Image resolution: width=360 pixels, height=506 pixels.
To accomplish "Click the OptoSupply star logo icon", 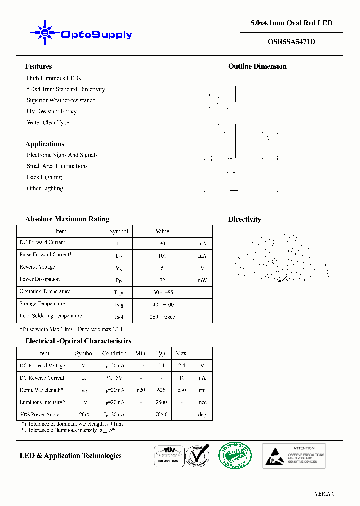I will tap(45, 33).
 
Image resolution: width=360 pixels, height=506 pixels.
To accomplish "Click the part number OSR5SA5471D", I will tap(291, 42).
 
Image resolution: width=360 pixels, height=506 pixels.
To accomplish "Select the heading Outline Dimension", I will tap(257, 66).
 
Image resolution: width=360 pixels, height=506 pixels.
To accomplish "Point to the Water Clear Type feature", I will tap(48, 122).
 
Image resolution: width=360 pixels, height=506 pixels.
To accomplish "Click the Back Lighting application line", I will tap(44, 177).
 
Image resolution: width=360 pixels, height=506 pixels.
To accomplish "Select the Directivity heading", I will tap(244, 219).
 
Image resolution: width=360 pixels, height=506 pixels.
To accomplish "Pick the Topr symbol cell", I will tap(119, 292).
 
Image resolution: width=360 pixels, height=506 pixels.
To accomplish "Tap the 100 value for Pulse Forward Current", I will tap(162, 256).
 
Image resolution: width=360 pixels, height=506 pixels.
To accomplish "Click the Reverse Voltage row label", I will tap(37, 267).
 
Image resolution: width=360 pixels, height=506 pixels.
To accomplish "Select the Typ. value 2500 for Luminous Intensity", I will tap(161, 402).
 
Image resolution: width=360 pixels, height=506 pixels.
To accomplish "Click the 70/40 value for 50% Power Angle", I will tap(161, 414).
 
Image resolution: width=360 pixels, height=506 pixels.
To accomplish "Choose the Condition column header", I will tap(114, 353).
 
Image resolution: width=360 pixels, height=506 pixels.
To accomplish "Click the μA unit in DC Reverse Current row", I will tap(202, 378).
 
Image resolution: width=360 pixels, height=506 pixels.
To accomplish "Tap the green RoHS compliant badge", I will tap(235, 455).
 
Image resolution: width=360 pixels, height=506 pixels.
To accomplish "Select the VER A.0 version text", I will tap(324, 493).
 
